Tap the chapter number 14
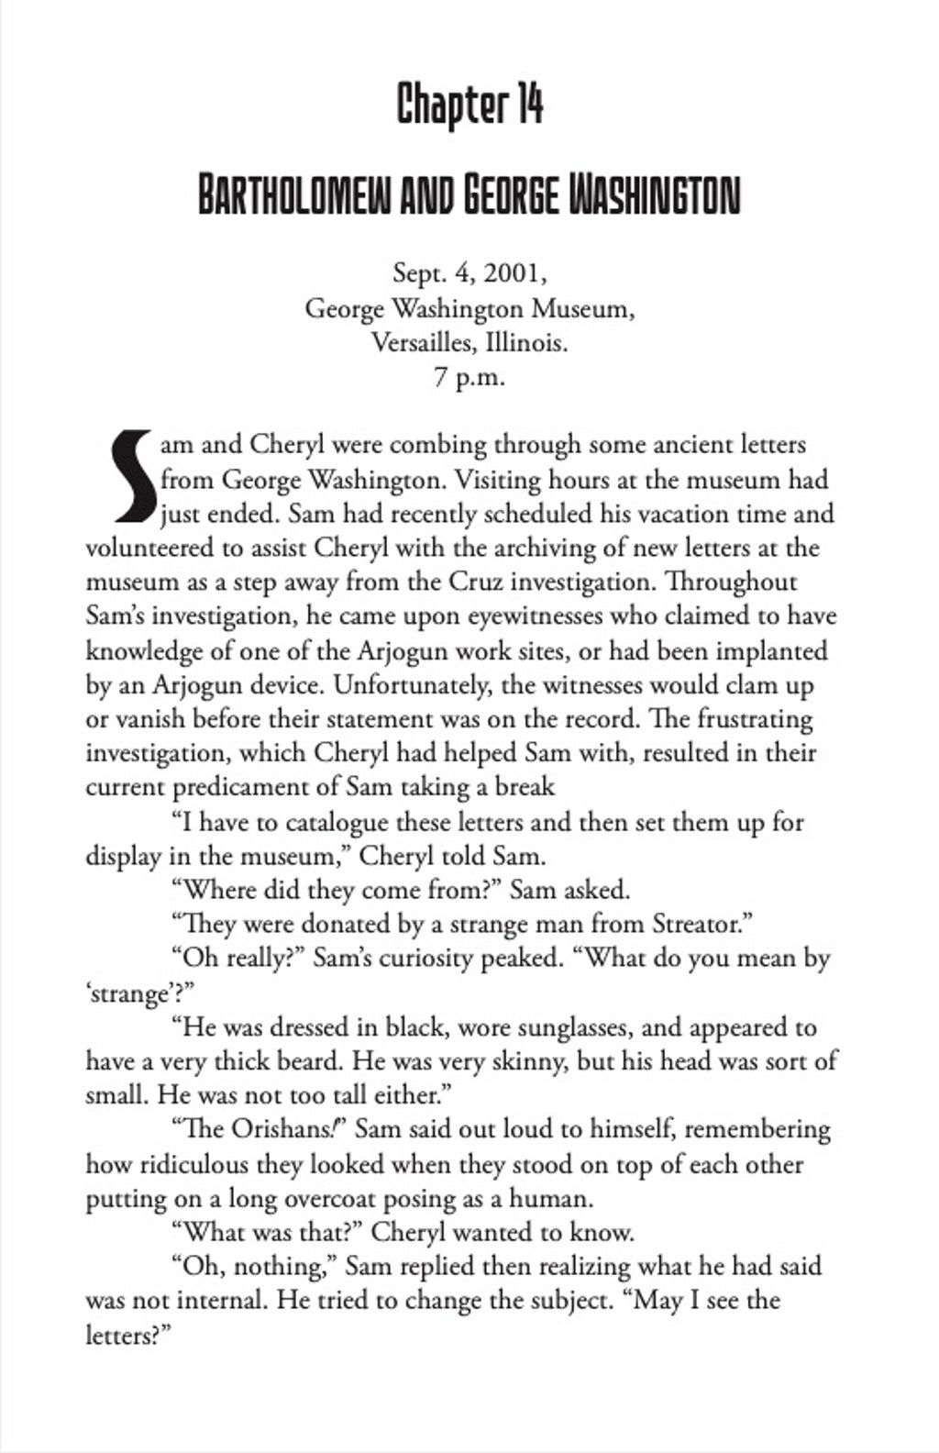coord(528,105)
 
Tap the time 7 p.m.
coord(469,377)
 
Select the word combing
coord(438,445)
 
